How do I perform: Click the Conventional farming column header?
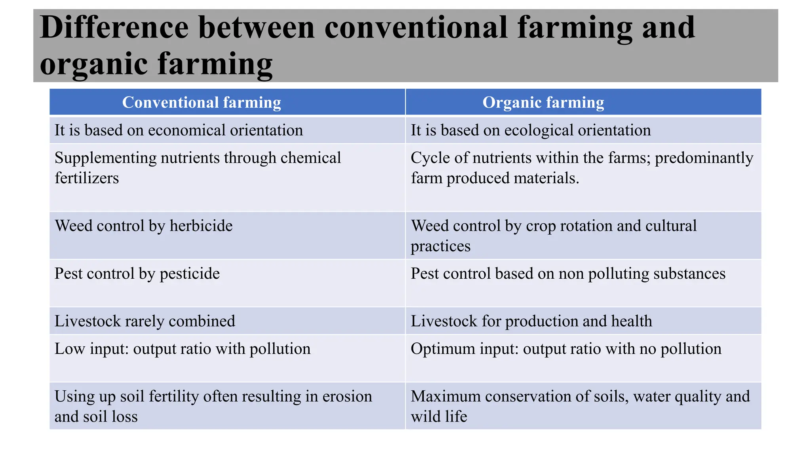pos(202,103)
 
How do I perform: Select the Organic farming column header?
pos(543,103)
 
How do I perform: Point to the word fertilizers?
pos(87,178)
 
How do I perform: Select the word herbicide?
pos(201,226)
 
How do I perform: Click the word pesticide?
pos(190,274)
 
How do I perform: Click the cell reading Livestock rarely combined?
pos(145,321)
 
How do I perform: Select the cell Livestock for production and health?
pos(531,321)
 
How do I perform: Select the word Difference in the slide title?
pos(114,28)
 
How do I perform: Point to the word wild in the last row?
pos(424,416)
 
